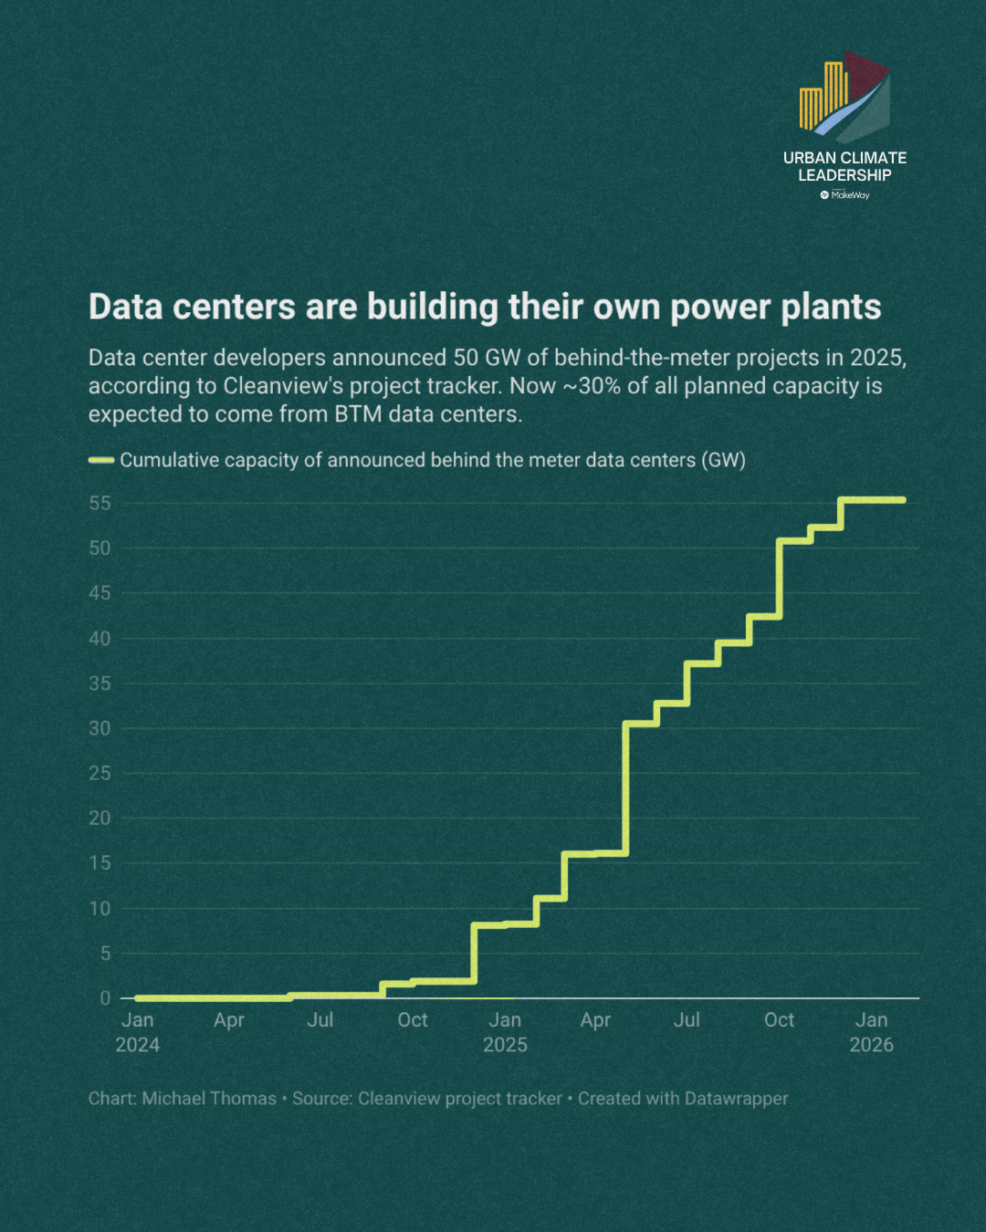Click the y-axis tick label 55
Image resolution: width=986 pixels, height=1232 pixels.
(x=100, y=503)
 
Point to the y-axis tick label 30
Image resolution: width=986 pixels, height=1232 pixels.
(x=100, y=728)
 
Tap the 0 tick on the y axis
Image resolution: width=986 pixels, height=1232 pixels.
(x=105, y=998)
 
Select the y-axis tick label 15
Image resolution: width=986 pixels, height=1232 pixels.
(x=100, y=863)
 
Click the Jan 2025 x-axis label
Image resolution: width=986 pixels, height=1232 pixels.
(x=505, y=1032)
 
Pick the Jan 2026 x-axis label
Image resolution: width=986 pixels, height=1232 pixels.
(x=871, y=1032)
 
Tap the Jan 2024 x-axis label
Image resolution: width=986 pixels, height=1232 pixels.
(x=138, y=1032)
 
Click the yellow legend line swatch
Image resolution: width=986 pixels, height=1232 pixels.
(x=101, y=460)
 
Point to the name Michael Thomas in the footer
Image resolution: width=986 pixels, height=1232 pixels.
(x=209, y=1099)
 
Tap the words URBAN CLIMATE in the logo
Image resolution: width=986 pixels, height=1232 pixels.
(x=844, y=158)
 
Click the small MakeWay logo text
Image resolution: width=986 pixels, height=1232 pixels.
(x=850, y=195)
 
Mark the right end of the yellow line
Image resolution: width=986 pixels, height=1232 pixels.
(x=904, y=500)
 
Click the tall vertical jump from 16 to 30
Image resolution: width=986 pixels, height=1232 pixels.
(x=625, y=788)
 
